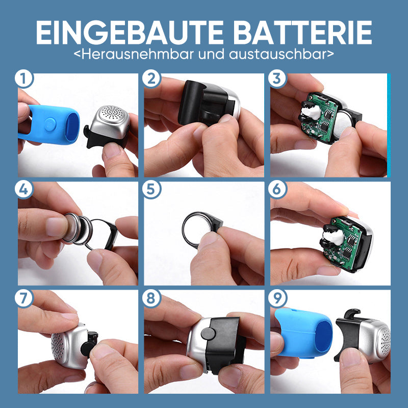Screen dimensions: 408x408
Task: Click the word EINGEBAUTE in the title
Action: pyautogui.click(x=130, y=33)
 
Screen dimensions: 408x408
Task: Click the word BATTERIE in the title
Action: pyautogui.click(x=302, y=33)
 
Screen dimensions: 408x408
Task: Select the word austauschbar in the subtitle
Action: pyautogui.click(x=277, y=54)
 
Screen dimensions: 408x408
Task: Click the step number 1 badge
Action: pyautogui.click(x=23, y=79)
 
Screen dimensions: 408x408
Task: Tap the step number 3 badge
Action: pyautogui.click(x=277, y=79)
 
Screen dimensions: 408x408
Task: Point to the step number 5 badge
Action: pyautogui.click(x=151, y=189)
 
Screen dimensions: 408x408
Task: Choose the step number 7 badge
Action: pyautogui.click(x=23, y=298)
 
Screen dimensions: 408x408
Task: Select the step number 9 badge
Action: pyautogui.click(x=277, y=298)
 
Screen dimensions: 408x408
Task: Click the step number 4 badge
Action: pyautogui.click(x=23, y=189)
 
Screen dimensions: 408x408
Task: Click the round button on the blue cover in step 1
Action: pyautogui.click(x=50, y=124)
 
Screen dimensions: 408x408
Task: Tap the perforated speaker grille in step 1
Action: pyautogui.click(x=111, y=113)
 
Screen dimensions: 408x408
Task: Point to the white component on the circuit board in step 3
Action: pyautogui.click(x=311, y=112)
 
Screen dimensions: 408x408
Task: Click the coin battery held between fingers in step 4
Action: pyautogui.click(x=78, y=229)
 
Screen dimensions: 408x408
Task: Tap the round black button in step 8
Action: pyautogui.click(x=208, y=334)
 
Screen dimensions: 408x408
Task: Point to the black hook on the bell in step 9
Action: pyautogui.click(x=352, y=314)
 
